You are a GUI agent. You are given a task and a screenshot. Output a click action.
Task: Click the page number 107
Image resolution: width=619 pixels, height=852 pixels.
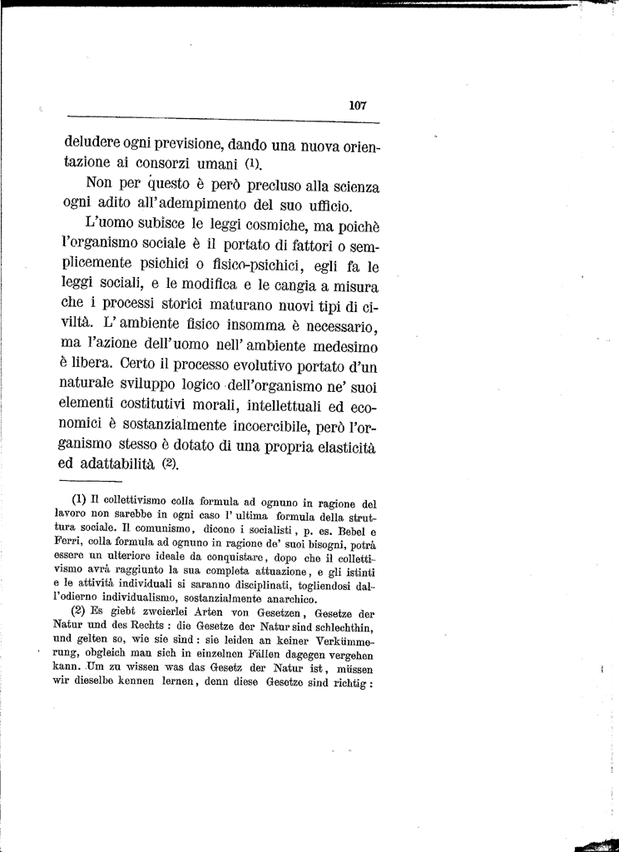358,106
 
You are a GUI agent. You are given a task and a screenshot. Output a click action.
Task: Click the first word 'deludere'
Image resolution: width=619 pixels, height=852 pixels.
95,142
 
